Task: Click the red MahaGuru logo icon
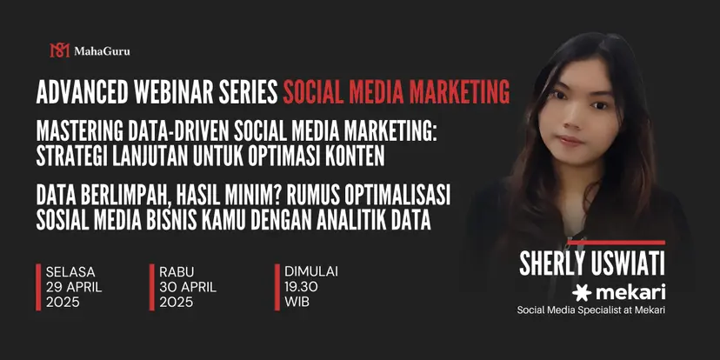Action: pyautogui.click(x=59, y=50)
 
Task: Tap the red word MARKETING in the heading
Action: pyautogui.click(x=459, y=92)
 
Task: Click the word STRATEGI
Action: pyautogui.click(x=66, y=157)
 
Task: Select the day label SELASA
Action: pyautogui.click(x=70, y=271)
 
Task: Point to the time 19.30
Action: pyautogui.click(x=301, y=287)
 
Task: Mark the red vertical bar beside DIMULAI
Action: pyautogui.click(x=277, y=287)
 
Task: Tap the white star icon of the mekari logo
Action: pyautogui.click(x=582, y=292)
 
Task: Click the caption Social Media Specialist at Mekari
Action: pyautogui.click(x=591, y=310)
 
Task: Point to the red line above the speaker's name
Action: pyautogui.click(x=617, y=243)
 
